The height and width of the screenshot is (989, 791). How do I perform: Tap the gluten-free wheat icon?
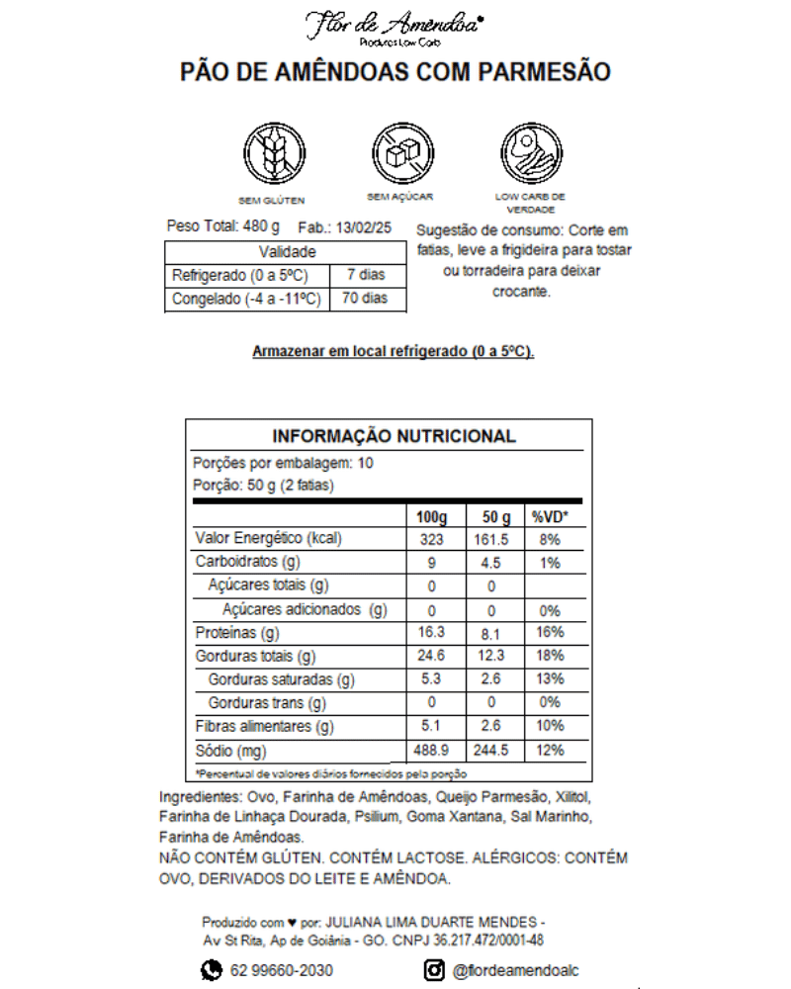(271, 153)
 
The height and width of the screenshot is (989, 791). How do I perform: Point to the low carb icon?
(531, 153)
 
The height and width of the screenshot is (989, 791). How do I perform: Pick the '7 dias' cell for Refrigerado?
(366, 275)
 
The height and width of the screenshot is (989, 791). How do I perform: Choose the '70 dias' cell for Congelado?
(366, 299)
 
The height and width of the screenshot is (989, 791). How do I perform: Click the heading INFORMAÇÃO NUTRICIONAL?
(394, 436)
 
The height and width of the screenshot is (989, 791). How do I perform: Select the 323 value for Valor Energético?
(431, 540)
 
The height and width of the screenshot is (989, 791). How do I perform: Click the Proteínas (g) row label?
(238, 633)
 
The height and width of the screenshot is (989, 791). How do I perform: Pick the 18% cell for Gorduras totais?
(551, 656)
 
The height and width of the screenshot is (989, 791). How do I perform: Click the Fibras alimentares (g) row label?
(265, 727)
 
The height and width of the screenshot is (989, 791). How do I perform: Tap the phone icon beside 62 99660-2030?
(213, 971)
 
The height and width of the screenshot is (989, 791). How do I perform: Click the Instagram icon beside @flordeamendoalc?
(433, 971)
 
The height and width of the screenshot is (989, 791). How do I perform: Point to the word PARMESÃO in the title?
(545, 72)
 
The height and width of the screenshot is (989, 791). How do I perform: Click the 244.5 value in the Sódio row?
(491, 751)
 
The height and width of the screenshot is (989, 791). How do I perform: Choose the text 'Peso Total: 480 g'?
(224, 226)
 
